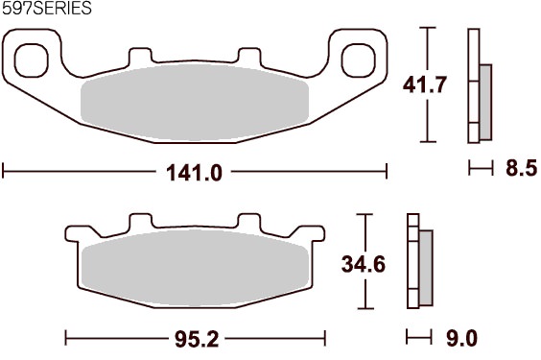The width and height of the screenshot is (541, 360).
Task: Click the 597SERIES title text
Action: (47, 8)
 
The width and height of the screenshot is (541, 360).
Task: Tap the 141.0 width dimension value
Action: (194, 173)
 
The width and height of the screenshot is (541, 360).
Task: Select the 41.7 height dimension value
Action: (425, 84)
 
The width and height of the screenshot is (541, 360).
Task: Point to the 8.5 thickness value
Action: (521, 168)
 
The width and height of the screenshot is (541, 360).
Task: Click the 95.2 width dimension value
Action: (197, 339)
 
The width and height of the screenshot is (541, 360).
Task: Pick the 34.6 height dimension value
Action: (364, 264)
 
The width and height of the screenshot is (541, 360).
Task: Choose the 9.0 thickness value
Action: (462, 338)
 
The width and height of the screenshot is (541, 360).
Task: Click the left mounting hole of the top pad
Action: (32, 60)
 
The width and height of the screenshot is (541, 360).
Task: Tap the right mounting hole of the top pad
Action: (359, 60)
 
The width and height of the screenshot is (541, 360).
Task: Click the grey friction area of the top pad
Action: (195, 103)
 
